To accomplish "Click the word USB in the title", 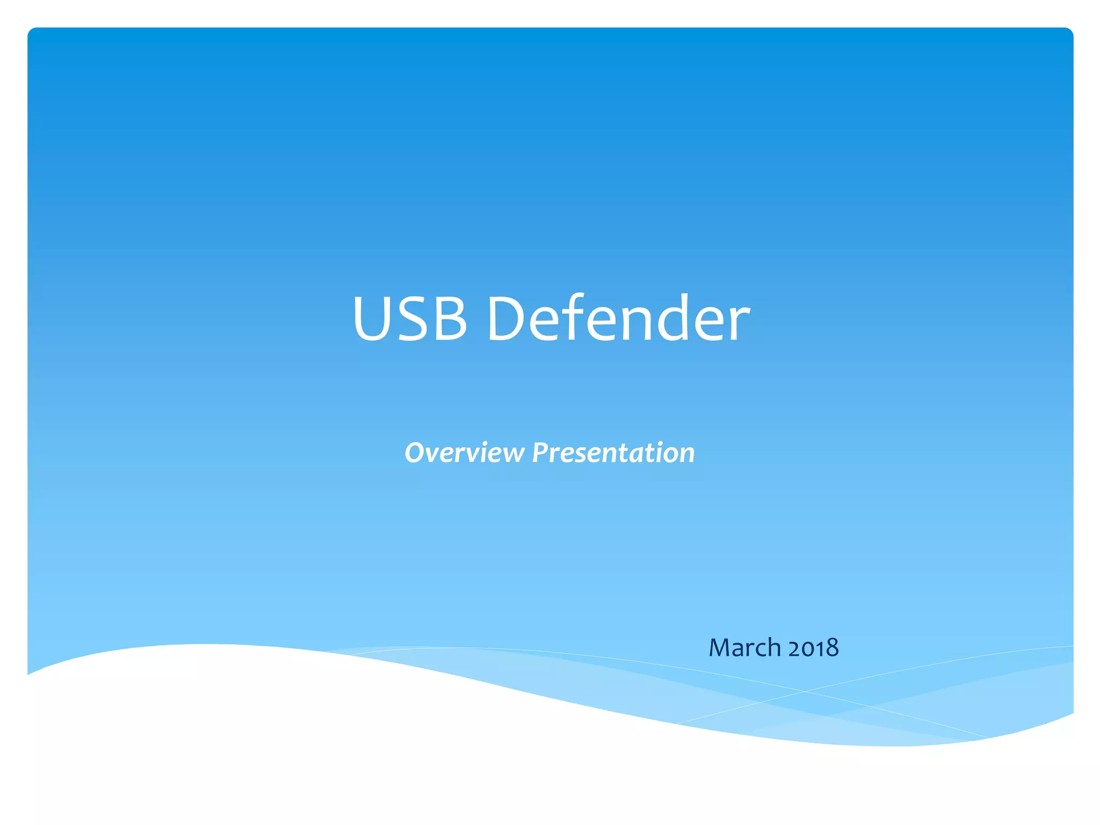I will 409,318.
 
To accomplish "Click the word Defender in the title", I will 618,318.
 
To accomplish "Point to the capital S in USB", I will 411,318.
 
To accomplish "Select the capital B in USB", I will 449,318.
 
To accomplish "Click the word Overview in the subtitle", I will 464,452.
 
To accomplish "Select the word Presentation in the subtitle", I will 613,452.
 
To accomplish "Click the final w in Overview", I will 512,454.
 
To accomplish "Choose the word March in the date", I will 744,647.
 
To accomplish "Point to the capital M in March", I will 721,647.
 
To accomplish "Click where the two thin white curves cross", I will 804,691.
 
